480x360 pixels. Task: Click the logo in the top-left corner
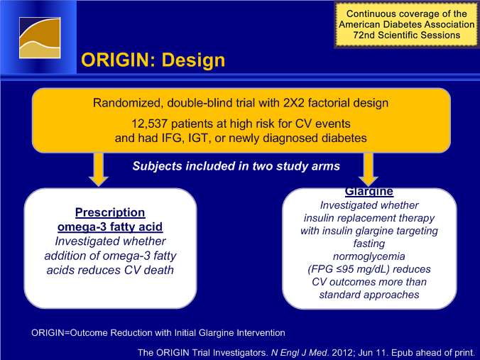[x=40, y=38]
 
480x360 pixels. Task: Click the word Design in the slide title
[x=193, y=60]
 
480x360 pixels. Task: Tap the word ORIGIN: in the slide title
[x=119, y=60]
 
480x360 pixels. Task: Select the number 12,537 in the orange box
[x=149, y=124]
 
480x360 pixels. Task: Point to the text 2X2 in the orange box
[x=293, y=103]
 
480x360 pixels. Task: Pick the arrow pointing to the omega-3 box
[x=98, y=170]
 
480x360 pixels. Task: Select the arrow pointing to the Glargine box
[x=369, y=170]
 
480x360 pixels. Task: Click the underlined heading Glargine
[x=369, y=191]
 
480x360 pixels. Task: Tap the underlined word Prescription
[x=110, y=212]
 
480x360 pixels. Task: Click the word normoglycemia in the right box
[x=369, y=256]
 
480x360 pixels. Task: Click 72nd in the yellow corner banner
[x=364, y=35]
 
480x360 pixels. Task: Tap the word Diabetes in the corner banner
[x=406, y=24]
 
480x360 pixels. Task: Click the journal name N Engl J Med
[x=299, y=353]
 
